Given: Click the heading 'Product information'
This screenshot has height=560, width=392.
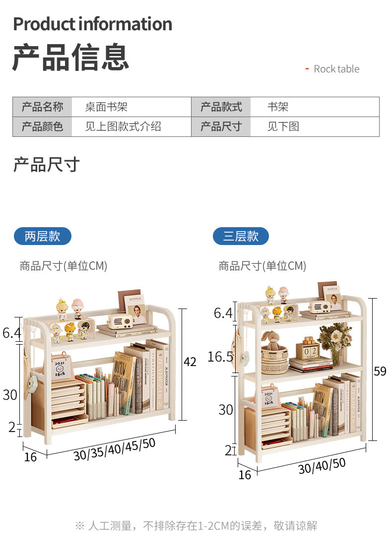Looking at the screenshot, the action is [92, 24].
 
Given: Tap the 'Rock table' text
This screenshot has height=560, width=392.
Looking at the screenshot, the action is [336, 69].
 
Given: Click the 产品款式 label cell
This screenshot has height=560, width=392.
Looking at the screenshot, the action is [221, 107].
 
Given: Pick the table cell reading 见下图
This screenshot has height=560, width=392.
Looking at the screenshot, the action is [283, 126].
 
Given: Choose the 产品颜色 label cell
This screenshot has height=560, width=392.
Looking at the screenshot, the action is [42, 126].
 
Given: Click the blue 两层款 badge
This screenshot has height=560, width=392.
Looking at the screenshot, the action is [42, 236].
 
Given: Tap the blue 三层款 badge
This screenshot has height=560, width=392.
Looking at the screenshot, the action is [241, 236].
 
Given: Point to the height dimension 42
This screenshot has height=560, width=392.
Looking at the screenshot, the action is [190, 362].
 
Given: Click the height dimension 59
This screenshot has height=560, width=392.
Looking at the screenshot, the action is [380, 371].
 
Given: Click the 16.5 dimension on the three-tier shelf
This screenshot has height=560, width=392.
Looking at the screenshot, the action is [220, 357].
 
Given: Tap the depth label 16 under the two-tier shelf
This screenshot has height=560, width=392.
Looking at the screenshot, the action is [30, 457].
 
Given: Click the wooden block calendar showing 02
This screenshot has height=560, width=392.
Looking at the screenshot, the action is [308, 350].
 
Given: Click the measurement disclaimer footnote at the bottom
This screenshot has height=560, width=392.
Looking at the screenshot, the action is [196, 526].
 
